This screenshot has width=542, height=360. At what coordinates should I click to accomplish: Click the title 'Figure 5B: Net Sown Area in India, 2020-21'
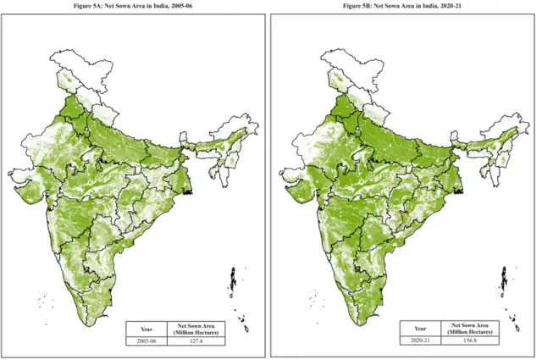[403, 6]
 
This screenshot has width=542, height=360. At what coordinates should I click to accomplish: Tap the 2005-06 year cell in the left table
[147, 341]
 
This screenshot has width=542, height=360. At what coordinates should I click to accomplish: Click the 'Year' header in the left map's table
[147, 328]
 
